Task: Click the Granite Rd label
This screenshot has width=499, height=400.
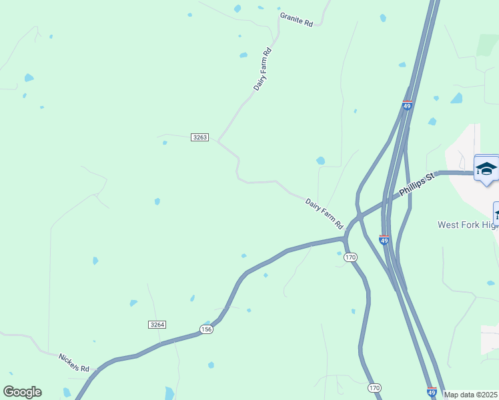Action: pyautogui.click(x=296, y=19)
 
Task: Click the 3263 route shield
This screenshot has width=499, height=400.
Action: pyautogui.click(x=199, y=137)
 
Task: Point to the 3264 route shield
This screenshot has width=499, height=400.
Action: pyautogui.click(x=157, y=325)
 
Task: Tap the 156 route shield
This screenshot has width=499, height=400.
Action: pyautogui.click(x=206, y=329)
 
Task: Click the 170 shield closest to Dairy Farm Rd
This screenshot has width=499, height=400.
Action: pyautogui.click(x=352, y=257)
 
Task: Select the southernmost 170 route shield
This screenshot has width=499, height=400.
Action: pyautogui.click(x=374, y=387)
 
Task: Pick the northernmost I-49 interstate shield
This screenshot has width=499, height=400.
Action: pyautogui.click(x=407, y=105)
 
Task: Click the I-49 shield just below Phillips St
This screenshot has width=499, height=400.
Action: pyautogui.click(x=384, y=239)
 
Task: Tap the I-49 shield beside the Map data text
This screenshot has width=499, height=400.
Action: pyautogui.click(x=432, y=393)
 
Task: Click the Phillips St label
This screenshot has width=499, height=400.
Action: pyautogui.click(x=417, y=185)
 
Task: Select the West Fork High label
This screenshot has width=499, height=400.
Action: pyautogui.click(x=468, y=225)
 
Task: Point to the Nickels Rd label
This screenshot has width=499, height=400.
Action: pyautogui.click(x=73, y=363)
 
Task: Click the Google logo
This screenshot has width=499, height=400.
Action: pyautogui.click(x=22, y=392)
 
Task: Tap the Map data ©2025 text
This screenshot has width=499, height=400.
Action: pyautogui.click(x=471, y=395)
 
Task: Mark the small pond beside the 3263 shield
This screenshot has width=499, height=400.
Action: pyautogui.click(x=165, y=142)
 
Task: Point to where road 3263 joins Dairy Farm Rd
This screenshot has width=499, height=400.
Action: pyautogui.click(x=217, y=141)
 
